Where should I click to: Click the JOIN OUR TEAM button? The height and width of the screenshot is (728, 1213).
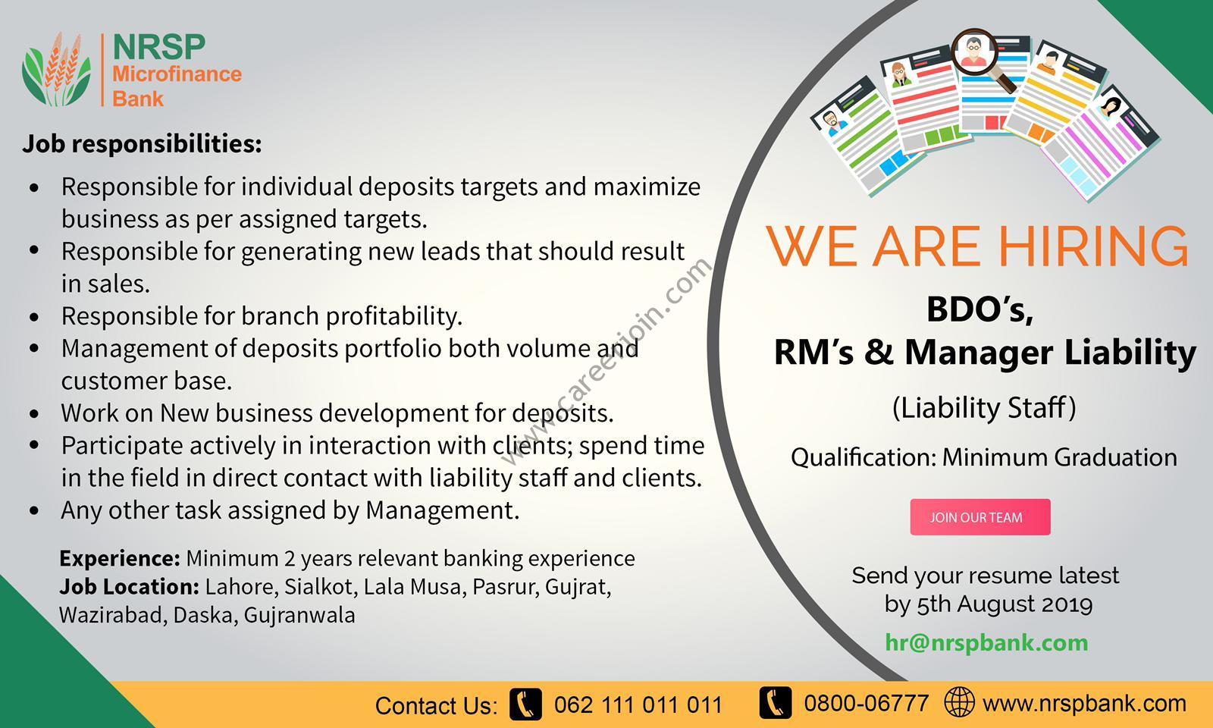pyautogui.click(x=980, y=517)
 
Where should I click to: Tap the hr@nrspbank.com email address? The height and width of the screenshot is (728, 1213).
pyautogui.click(x=986, y=642)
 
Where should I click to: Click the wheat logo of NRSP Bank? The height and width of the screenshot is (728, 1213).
pyautogui.click(x=56, y=69)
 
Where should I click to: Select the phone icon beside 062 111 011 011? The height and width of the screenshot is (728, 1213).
pyautogui.click(x=526, y=704)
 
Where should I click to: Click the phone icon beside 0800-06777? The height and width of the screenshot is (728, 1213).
pyautogui.click(x=776, y=702)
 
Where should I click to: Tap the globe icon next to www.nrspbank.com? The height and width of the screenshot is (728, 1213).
pyautogui.click(x=959, y=702)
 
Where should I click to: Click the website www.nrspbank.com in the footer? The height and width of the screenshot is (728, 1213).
pyautogui.click(x=1084, y=704)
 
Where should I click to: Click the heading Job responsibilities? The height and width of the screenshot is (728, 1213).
pyautogui.click(x=142, y=144)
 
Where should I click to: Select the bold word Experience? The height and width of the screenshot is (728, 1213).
pyautogui.click(x=120, y=558)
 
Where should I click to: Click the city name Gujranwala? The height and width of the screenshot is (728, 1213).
pyautogui.click(x=299, y=616)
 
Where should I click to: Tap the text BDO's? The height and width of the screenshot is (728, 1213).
pyautogui.click(x=980, y=309)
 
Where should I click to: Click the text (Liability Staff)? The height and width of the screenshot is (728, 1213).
pyautogui.click(x=984, y=408)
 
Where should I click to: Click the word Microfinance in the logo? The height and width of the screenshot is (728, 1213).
pyautogui.click(x=177, y=74)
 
